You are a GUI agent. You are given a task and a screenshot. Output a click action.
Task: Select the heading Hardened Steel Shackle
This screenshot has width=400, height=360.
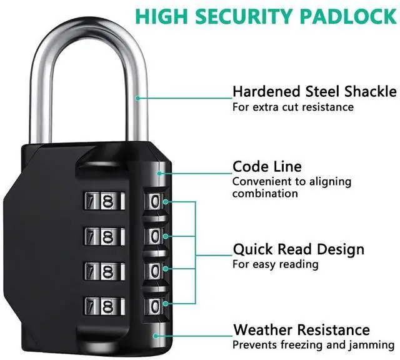[x=314, y=92]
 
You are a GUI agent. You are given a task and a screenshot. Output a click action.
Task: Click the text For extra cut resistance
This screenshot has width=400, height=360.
[x=292, y=107]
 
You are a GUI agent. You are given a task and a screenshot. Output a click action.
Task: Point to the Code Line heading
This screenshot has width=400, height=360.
[x=267, y=167]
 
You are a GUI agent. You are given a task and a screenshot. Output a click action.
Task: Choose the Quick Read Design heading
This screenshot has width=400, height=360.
[x=297, y=249]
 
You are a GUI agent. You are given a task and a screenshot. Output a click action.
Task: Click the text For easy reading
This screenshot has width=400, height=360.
[x=275, y=264]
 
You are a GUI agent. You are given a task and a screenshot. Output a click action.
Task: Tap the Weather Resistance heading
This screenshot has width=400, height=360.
[x=301, y=329]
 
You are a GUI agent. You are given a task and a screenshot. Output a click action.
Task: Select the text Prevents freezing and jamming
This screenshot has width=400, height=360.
[x=312, y=344]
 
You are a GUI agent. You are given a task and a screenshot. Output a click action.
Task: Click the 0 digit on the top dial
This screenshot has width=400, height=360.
[x=154, y=202]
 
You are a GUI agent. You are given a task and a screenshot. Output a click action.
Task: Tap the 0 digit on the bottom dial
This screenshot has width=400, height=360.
[x=154, y=306]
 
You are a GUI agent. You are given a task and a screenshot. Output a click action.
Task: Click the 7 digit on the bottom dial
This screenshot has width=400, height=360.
[x=90, y=306]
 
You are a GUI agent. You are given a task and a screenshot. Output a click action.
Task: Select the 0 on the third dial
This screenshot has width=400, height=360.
[x=154, y=271]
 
